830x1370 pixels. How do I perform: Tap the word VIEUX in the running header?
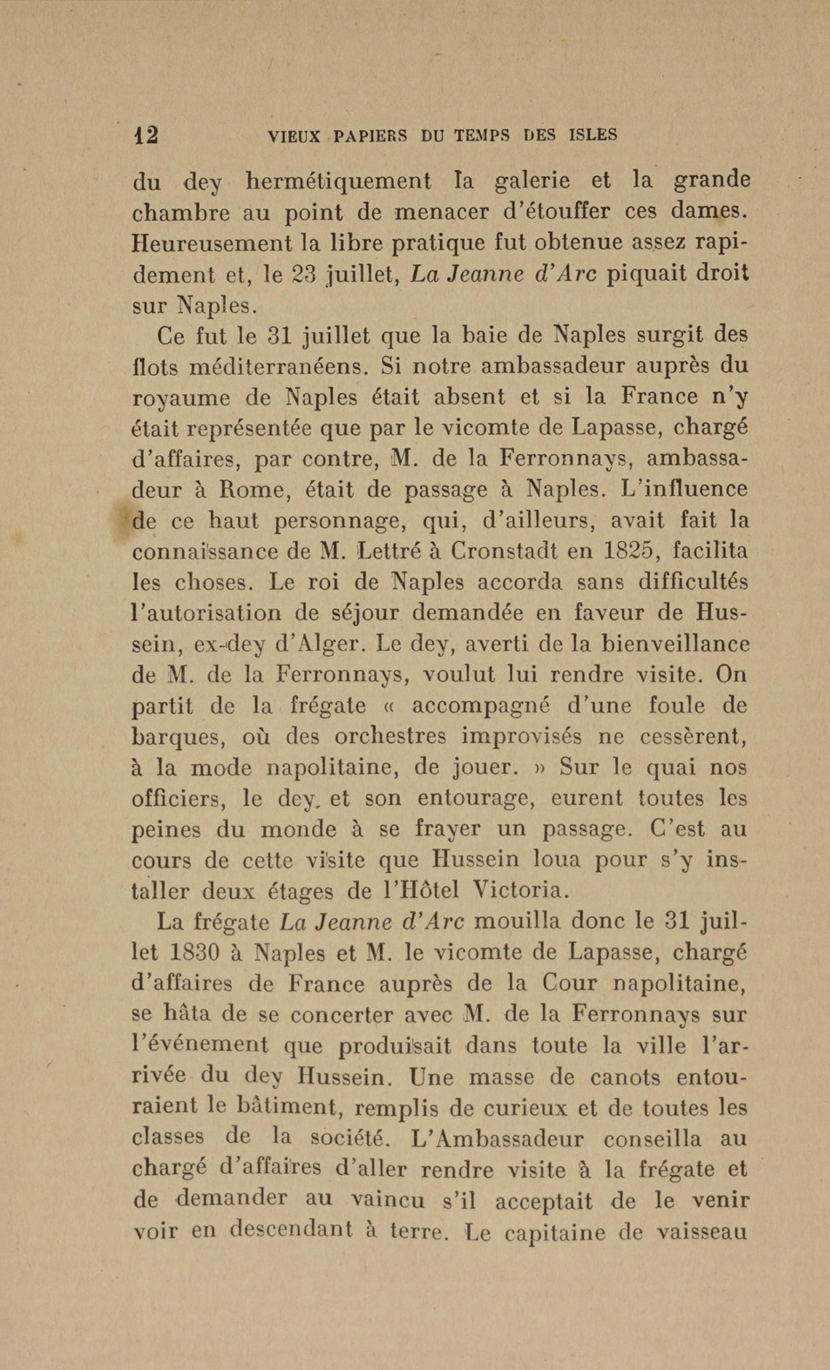[294, 136]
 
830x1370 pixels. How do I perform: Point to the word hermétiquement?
[338, 182]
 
